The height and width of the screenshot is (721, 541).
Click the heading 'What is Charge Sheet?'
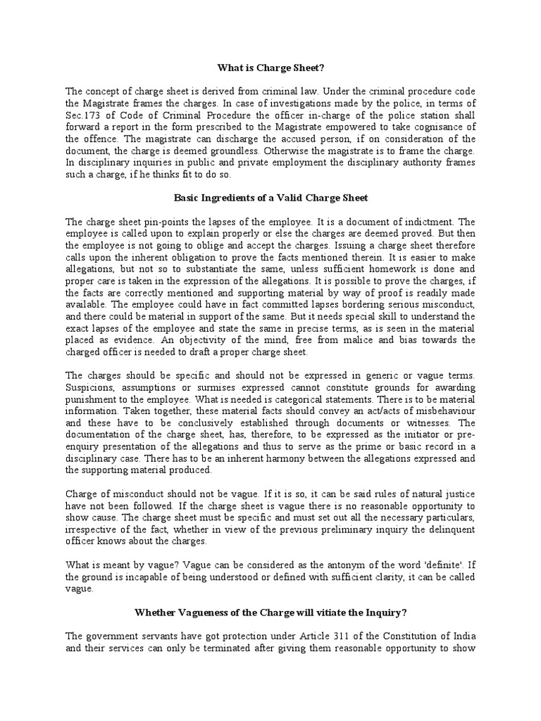click(270, 68)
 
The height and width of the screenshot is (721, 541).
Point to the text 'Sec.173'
click(82, 114)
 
